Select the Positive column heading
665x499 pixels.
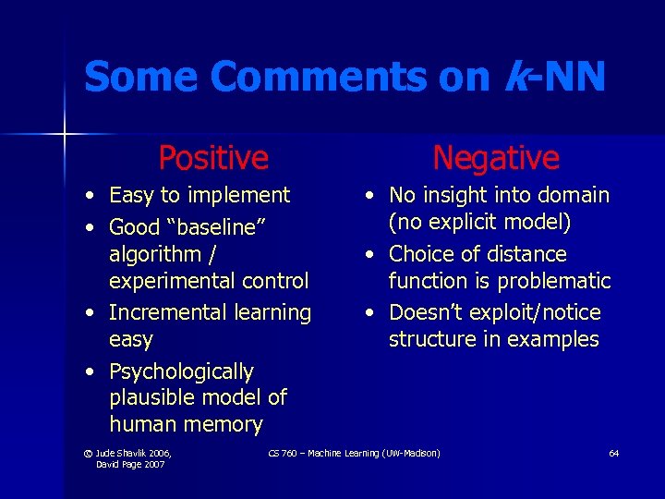(213, 157)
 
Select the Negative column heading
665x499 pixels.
(496, 157)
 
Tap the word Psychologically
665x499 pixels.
(181, 371)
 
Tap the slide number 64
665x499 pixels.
(613, 453)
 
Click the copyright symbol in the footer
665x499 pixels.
(88, 453)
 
